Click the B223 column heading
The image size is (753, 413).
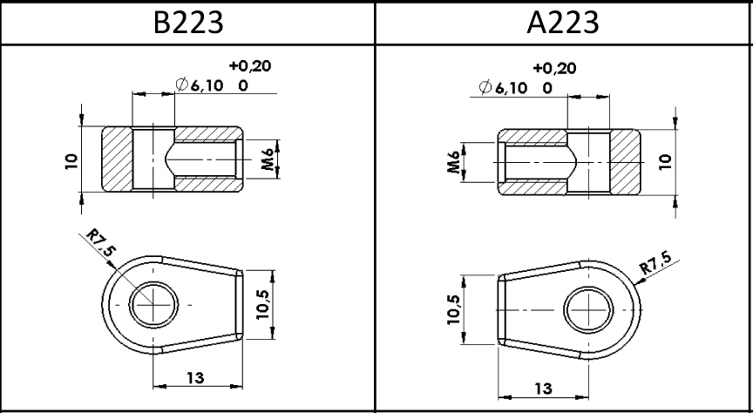tap(188, 22)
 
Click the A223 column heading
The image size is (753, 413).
tap(563, 22)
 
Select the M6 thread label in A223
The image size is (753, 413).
tap(454, 162)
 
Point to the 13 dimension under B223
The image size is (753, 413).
tap(195, 377)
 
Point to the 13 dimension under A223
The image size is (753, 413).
tap(543, 388)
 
